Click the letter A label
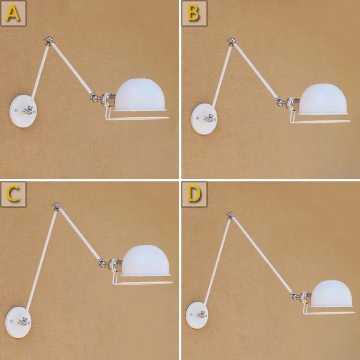tap(13, 13)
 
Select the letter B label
tap(194, 13)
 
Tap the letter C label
tap(13, 194)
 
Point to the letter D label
tap(194, 194)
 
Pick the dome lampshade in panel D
tap(331, 293)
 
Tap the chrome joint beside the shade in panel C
tap(102, 263)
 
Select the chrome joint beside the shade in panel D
tap(295, 296)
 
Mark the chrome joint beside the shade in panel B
tap(279, 102)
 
